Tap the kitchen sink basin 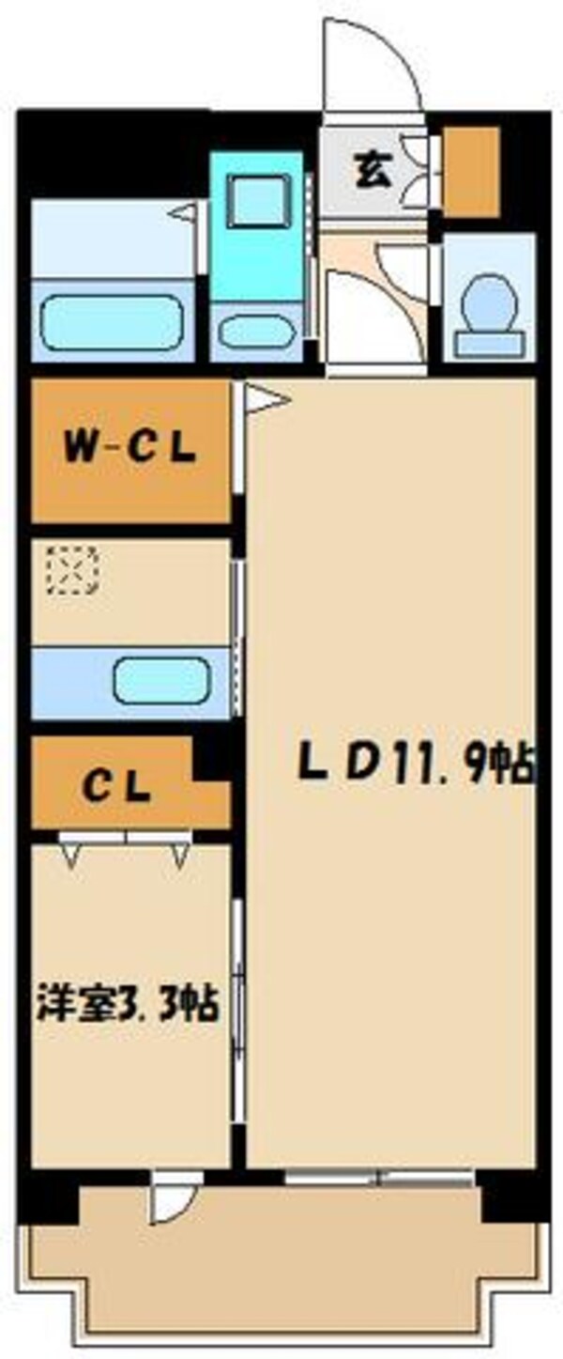[160, 680]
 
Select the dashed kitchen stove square [72, 571]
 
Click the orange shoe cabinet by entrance [471, 171]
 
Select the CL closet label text [116, 788]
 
